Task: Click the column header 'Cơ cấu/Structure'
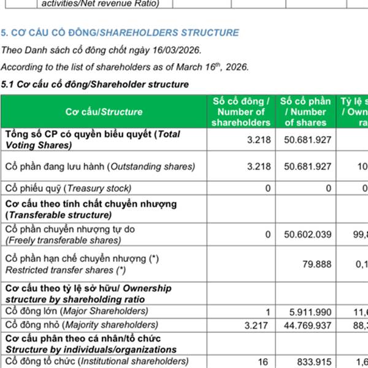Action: pyautogui.click(x=104, y=112)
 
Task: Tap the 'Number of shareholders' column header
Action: pyautogui.click(x=241, y=112)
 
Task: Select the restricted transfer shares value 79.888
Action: pyautogui.click(x=318, y=264)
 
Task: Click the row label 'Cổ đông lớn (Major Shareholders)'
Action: pyautogui.click(x=77, y=312)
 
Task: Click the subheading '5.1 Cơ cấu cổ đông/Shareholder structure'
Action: pyautogui.click(x=95, y=84)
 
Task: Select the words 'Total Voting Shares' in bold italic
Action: pyautogui.click(x=92, y=140)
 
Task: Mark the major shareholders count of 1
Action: pyautogui.click(x=268, y=312)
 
